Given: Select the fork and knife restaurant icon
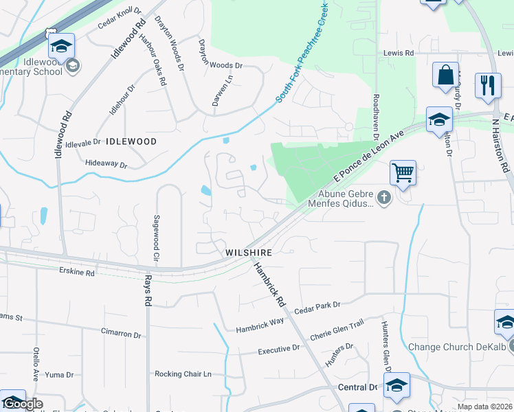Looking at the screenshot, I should (488, 86).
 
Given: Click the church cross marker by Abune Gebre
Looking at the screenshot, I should (383, 199).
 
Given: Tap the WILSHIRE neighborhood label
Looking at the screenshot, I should (249, 253).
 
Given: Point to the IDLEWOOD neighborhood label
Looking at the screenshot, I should (131, 141).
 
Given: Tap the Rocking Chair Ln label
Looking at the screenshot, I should (183, 374).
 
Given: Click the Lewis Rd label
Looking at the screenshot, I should (399, 53).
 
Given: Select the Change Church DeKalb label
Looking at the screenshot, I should (457, 347).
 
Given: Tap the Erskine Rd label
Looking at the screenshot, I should (77, 272).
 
